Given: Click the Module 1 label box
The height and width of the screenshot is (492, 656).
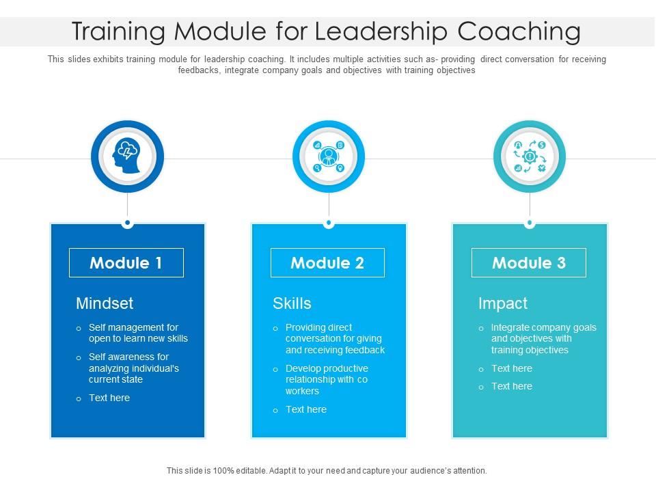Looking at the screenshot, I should tap(126, 263).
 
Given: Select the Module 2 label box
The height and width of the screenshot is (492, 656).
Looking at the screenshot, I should tap(327, 263).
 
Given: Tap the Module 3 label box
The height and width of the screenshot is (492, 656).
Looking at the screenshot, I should tap(529, 263).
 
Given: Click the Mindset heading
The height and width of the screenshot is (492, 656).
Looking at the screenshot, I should tap(105, 303).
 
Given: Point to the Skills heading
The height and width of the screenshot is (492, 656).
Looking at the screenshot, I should tap(292, 303).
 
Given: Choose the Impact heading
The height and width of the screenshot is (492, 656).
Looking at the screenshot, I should tap(503, 303).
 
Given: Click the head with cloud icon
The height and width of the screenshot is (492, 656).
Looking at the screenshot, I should tap(127, 156).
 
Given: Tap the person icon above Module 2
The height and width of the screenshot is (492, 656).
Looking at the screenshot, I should tap(329, 156).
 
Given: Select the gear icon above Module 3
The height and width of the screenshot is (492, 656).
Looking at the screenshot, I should tap(530, 156).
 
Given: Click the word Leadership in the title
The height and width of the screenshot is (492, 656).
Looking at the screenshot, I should tap(368, 32).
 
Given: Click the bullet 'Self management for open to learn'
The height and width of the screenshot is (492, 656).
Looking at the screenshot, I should tap(138, 333).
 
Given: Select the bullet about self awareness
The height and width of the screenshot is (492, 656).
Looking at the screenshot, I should tap(133, 368).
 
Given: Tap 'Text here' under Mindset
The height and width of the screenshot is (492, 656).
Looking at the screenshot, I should tap(109, 398).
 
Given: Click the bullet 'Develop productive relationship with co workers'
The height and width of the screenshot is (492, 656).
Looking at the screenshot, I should tap(327, 379).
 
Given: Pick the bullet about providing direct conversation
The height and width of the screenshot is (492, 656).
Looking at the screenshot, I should tap(335, 338).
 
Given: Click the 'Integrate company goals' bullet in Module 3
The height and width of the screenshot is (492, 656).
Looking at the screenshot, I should tap(543, 338).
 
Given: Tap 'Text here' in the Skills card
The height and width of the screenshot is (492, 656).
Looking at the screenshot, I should tap(306, 409).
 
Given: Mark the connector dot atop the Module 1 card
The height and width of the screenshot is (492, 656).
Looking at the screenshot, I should tap(127, 223).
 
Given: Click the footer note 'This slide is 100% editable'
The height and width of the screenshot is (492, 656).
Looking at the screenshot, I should tap(327, 471).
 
